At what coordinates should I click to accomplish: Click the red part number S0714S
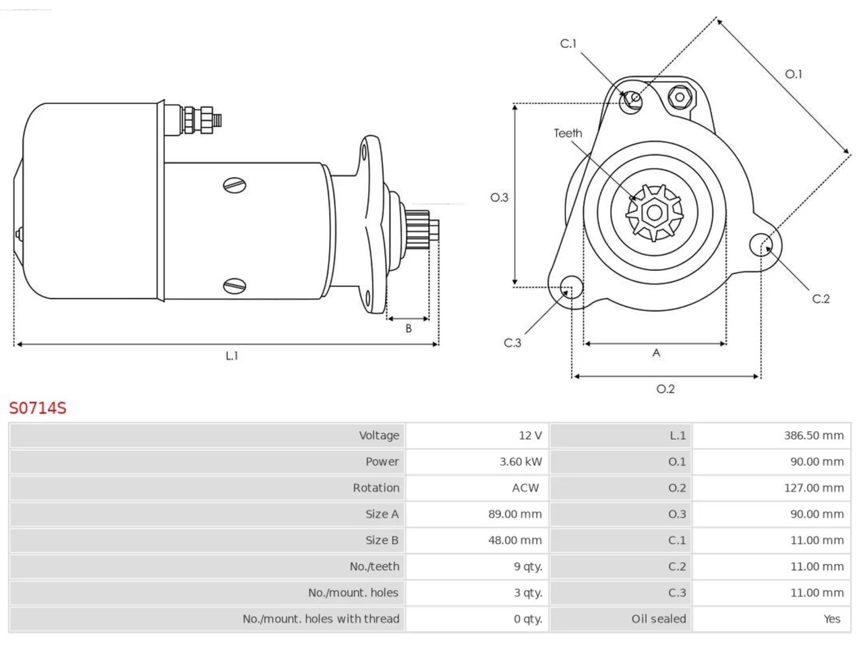point(38,408)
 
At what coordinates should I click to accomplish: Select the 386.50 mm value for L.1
point(814,435)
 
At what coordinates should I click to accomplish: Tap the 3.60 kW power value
point(520,462)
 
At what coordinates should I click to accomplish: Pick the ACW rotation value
point(525,488)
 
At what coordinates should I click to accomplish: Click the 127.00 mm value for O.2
point(814,488)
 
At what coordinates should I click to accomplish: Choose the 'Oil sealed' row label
point(659,619)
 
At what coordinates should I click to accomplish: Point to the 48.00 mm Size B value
point(515,540)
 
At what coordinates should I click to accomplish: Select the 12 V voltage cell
point(531,435)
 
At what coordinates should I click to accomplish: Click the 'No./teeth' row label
point(374,567)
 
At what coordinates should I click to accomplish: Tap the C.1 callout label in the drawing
point(568,44)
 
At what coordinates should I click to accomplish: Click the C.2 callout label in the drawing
point(821,299)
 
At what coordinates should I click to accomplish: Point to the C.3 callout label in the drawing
point(512,343)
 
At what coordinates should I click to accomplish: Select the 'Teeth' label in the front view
point(568,133)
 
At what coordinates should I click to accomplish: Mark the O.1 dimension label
point(794,74)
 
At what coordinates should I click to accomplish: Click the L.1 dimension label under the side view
point(231,356)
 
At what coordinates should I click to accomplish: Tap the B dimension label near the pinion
point(409,328)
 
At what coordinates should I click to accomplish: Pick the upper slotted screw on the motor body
point(235,185)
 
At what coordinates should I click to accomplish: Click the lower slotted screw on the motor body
point(235,286)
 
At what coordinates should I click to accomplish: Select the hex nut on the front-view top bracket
point(680,97)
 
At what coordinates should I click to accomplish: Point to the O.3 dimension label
point(499,197)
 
